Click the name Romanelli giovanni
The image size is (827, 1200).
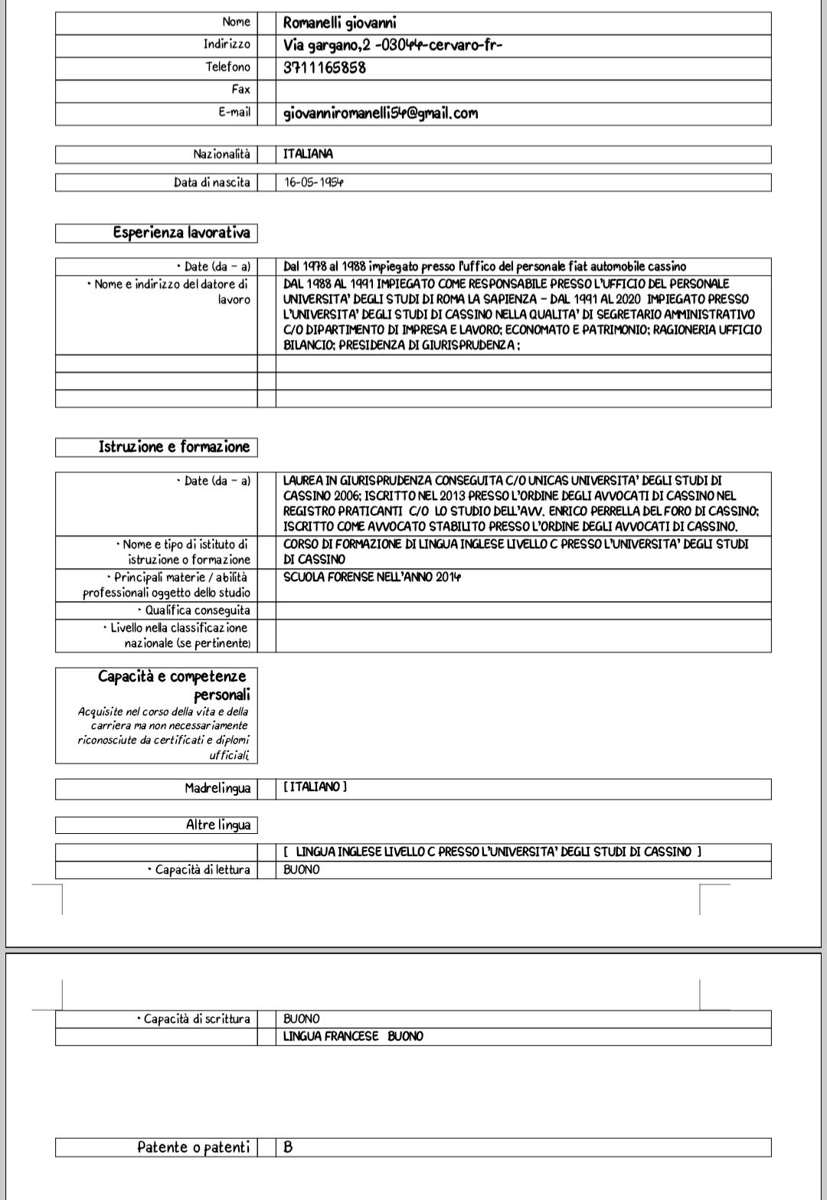(339, 23)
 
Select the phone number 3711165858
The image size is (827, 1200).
(325, 67)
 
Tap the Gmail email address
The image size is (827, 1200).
(381, 113)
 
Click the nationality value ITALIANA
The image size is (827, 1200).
(309, 154)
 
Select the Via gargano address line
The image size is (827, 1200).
(393, 44)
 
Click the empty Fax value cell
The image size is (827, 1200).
(523, 90)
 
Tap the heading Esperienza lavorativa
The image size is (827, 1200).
(181, 232)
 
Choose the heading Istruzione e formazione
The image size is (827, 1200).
(174, 446)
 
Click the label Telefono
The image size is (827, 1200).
(227, 67)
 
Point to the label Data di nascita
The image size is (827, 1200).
(212, 183)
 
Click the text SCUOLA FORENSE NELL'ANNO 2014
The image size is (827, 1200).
(372, 577)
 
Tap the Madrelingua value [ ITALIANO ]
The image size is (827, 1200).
(315, 787)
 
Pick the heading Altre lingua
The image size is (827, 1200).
(218, 825)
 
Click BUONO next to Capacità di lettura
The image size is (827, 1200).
(302, 870)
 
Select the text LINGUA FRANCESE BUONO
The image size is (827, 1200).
(353, 1036)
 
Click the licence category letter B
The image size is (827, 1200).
(288, 1147)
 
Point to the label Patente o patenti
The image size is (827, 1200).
(193, 1147)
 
